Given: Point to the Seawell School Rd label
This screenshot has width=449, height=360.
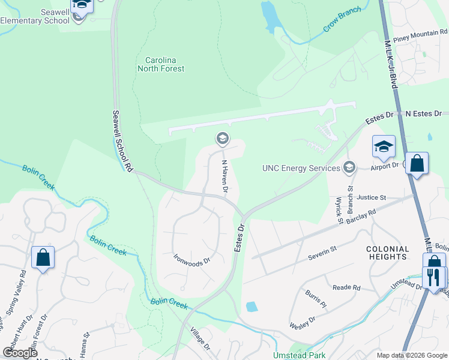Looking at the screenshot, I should pos(122,140).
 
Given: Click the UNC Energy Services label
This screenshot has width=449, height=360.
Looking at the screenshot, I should pos(301,168).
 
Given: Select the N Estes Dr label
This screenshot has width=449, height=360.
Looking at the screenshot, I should pos(423,113).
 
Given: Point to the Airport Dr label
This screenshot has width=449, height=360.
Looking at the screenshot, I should pos(385,165).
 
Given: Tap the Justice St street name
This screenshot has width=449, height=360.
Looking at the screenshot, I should pos(370,197).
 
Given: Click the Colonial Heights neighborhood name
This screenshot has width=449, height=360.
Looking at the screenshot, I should pos(388,253).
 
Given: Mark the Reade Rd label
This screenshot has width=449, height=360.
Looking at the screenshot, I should pos(346,287).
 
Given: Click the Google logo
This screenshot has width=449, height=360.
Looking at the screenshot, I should pos(20,353).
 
